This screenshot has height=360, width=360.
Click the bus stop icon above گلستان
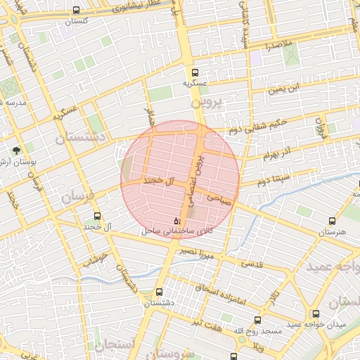76,11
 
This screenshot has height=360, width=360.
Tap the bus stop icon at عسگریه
195,72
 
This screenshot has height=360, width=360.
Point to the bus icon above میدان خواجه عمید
316,313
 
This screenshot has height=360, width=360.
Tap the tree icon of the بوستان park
18,150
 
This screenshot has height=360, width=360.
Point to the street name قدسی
251,264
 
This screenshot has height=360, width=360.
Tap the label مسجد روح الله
257,329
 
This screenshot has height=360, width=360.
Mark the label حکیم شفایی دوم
257,127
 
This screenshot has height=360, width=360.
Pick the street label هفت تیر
209,323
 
